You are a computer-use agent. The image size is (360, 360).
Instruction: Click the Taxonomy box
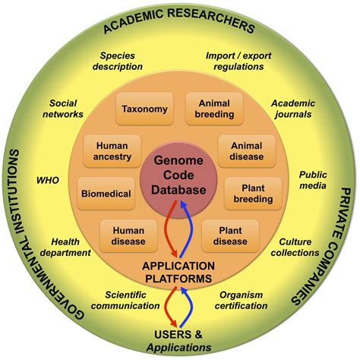[144, 109]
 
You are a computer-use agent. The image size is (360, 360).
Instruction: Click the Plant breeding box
[253, 193]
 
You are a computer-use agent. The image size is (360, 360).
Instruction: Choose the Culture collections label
[294, 247]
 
